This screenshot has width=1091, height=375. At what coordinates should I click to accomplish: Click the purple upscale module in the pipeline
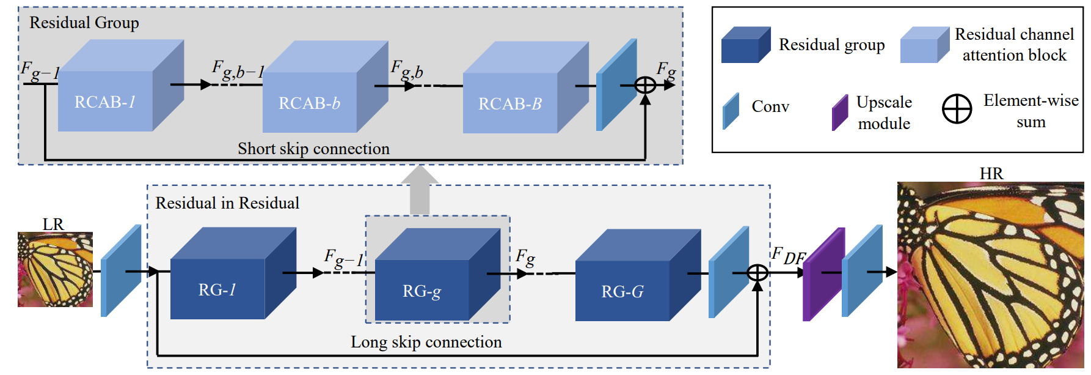(823, 275)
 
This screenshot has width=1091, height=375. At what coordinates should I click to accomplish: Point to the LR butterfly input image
(55, 269)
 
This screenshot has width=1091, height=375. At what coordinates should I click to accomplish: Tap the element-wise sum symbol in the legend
(957, 110)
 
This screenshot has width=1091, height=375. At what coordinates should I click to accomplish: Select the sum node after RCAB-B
(645, 85)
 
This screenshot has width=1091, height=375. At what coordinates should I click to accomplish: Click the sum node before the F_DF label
(757, 272)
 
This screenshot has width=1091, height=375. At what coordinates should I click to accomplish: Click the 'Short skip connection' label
(313, 149)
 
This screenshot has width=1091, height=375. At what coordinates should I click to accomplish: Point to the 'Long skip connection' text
(426, 342)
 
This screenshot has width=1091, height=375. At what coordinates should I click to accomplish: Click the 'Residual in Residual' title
(227, 203)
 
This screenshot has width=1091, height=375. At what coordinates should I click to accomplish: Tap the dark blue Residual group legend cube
(745, 45)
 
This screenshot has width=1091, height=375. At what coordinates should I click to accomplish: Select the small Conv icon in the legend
(731, 111)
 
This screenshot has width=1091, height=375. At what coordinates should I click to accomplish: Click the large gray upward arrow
(420, 190)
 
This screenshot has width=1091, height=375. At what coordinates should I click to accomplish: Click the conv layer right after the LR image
(121, 271)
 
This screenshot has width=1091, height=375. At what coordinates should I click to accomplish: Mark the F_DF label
(788, 256)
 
